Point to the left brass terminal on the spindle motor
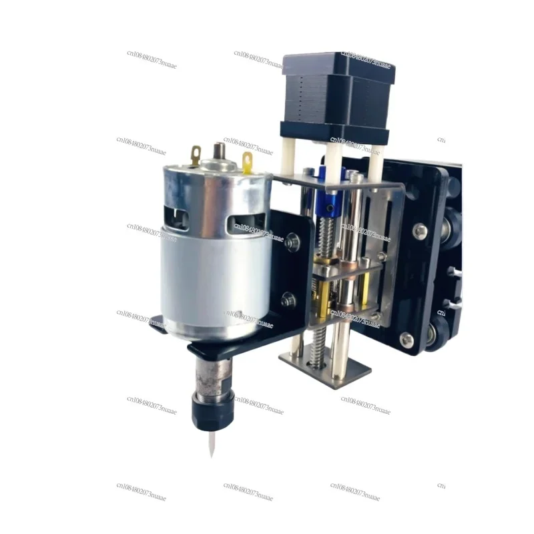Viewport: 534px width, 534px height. click(x=196, y=156)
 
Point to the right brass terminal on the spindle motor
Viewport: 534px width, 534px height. click(x=248, y=161)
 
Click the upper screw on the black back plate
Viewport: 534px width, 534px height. click(x=420, y=232)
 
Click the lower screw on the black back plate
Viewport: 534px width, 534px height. click(x=407, y=338)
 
